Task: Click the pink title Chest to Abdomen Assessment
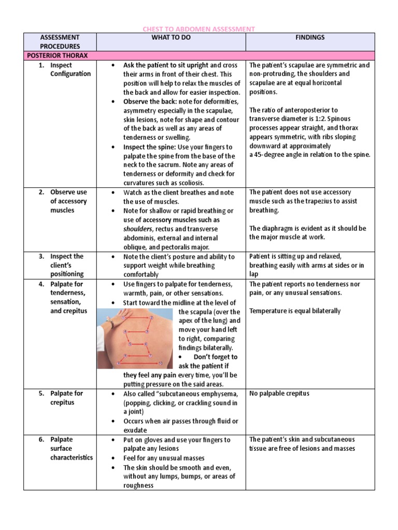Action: (198, 29)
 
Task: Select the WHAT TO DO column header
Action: (171, 38)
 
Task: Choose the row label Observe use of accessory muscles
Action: (68, 201)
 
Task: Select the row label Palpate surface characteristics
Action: (71, 448)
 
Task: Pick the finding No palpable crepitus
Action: (279, 393)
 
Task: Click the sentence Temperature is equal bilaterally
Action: (295, 311)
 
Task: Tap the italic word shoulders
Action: (137, 229)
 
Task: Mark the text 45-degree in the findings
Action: (272, 154)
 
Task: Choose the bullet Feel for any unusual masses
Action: (164, 458)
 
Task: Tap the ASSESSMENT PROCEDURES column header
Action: (61, 42)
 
